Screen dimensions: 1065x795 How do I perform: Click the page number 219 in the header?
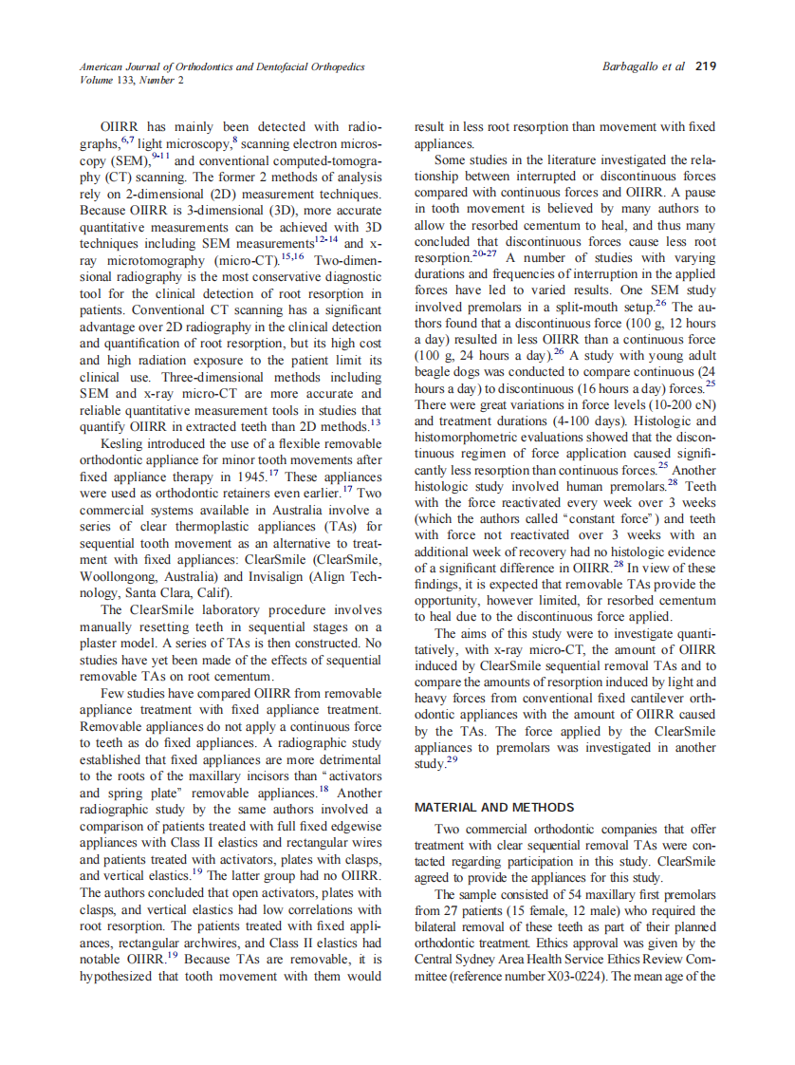tap(705, 66)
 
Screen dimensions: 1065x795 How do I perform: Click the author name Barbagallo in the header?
tap(633, 66)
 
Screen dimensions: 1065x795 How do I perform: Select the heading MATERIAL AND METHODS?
tap(494, 808)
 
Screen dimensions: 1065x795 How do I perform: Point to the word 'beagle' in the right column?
tap(437, 371)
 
